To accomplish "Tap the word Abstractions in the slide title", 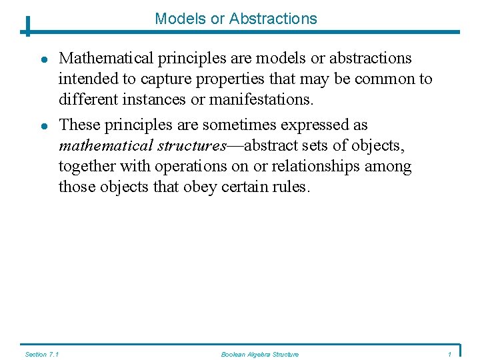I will (x=273, y=19).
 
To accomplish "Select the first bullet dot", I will (x=42, y=59).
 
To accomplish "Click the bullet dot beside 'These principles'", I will (x=42, y=126).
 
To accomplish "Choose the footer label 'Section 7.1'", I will (x=41, y=354).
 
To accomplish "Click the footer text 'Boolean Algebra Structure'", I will (x=260, y=354).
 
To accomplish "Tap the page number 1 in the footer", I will (x=451, y=354).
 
